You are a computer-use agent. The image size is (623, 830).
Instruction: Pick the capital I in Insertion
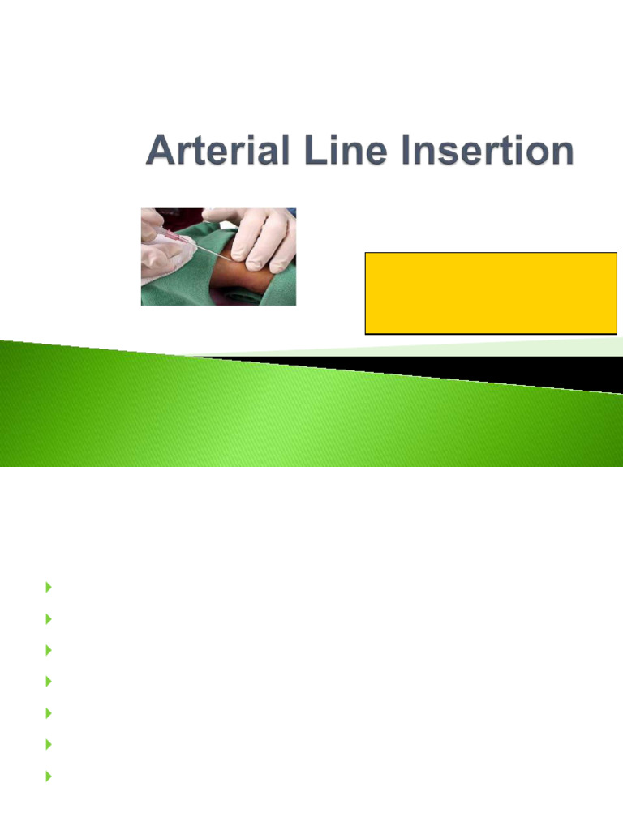tap(384, 152)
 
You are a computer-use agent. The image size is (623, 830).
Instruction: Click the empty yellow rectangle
tap(491, 293)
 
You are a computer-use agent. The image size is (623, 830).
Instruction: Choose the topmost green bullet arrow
tap(49, 587)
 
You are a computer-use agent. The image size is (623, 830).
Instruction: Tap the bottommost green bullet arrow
tap(49, 776)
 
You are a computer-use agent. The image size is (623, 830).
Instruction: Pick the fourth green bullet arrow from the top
tap(49, 681)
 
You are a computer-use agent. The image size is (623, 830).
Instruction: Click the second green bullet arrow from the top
tap(49, 618)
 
